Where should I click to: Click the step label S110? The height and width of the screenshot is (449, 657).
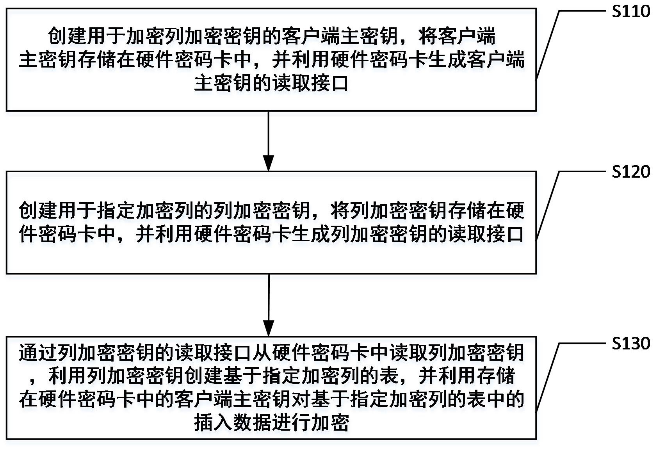630,11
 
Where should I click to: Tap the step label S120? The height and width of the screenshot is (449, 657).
630,172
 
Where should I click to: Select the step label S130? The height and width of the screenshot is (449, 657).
630,344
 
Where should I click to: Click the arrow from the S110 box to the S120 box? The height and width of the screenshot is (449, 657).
269,141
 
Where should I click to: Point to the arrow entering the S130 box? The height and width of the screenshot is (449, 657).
269,305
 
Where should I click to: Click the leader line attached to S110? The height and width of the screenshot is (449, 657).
548,43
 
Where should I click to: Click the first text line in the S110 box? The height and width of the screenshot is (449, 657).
271,37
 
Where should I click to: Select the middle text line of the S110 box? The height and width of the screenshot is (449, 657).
271,60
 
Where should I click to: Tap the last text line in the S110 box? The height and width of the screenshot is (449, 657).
271,83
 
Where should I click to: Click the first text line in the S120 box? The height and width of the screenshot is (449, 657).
271,211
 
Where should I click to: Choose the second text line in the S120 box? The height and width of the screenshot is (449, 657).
271,234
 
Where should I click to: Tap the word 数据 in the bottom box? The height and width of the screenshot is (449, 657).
252,423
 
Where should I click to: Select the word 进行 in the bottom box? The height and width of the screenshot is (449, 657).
291,423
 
